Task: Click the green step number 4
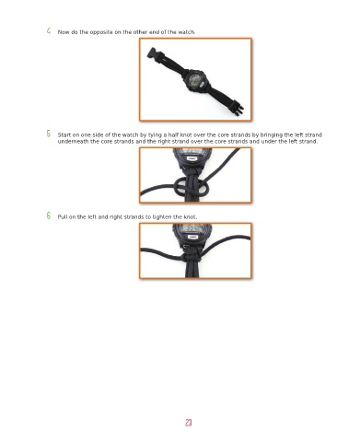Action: tap(49, 30)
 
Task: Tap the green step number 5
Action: tap(49, 134)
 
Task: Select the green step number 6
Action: tap(49, 215)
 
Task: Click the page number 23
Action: tap(189, 423)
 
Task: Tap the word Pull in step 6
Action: tap(63, 216)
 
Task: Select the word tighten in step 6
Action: tap(162, 216)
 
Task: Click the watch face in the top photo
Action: tap(196, 80)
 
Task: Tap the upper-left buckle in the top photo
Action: tap(154, 53)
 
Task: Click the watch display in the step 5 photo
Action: tap(192, 152)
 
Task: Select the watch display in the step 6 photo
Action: tap(192, 228)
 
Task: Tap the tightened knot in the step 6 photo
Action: tap(192, 257)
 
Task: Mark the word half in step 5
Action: tap(173, 134)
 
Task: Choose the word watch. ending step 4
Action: tap(187, 32)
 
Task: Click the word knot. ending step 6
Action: tap(191, 216)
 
